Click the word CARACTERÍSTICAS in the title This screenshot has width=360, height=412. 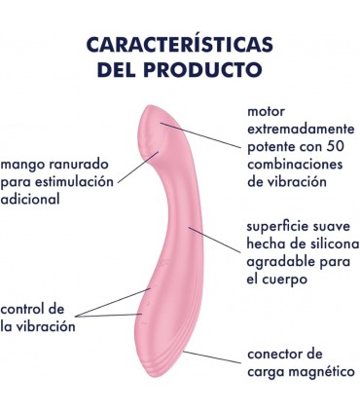pyautogui.click(x=179, y=46)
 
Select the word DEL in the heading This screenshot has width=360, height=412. pyautogui.click(x=120, y=70)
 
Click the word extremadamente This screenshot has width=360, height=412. pyautogui.click(x=303, y=128)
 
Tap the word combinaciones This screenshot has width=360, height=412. pyautogui.click(x=297, y=163)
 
